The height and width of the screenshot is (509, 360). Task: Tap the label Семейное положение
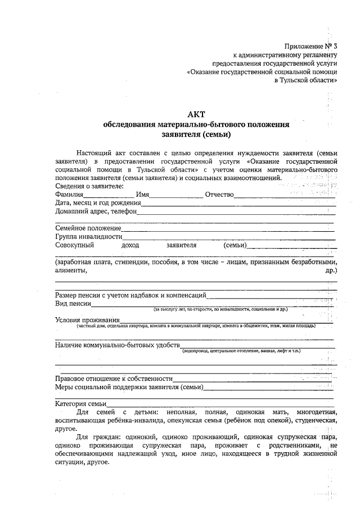(x=88, y=228)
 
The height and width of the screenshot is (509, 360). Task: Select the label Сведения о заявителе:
(x=90, y=186)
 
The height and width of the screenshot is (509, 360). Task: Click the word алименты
(x=70, y=270)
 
